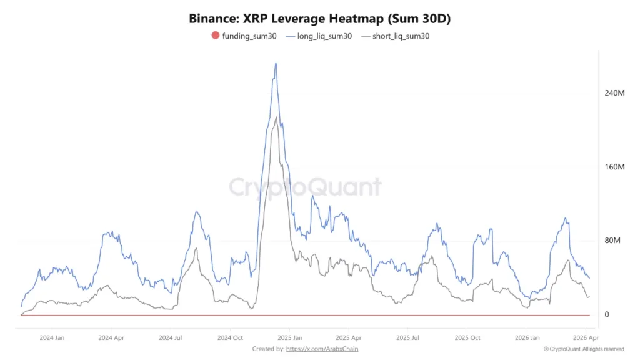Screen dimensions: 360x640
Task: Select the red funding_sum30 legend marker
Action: coord(216,36)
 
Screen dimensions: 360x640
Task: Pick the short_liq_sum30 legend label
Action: coord(400,36)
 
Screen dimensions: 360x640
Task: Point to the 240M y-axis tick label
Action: coord(615,93)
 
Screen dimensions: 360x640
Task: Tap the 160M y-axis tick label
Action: coord(615,167)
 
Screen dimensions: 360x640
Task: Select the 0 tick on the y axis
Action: coord(606,314)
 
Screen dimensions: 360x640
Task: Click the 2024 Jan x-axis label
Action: coord(51,337)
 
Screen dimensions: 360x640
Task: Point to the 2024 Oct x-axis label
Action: coord(230,337)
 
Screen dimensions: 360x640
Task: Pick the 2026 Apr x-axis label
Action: coord(586,337)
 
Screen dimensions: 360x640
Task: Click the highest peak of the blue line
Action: coord(276,63)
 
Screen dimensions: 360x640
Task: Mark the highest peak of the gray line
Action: coord(276,117)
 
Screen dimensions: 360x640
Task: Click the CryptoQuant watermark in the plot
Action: coord(304,187)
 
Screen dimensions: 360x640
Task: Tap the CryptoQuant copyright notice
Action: coord(583,349)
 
